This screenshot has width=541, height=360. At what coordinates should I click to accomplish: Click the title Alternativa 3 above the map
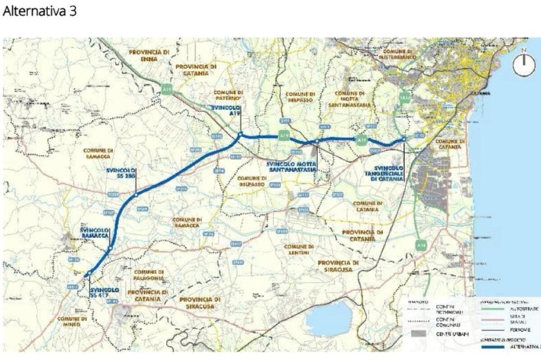point(40,11)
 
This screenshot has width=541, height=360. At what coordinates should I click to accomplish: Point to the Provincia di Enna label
point(149,55)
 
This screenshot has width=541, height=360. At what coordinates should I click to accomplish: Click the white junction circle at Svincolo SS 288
point(136,195)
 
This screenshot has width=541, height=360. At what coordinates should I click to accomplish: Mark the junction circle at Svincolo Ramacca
point(110,248)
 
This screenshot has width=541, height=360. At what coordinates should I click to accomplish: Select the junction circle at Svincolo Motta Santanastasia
point(317,141)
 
